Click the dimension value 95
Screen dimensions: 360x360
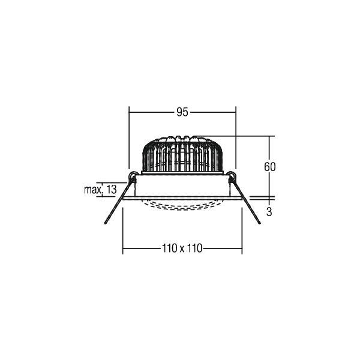[182, 112]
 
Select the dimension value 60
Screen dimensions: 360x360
[270, 167]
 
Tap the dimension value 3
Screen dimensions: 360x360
[269, 212]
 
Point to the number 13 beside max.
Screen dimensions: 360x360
[112, 190]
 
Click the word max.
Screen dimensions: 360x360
[93, 190]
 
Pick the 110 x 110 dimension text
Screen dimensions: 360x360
[182, 248]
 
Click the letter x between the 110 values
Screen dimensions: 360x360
[182, 249]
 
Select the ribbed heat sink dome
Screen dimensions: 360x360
[182, 154]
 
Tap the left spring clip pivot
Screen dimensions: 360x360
[132, 177]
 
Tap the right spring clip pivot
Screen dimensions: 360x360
[232, 177]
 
